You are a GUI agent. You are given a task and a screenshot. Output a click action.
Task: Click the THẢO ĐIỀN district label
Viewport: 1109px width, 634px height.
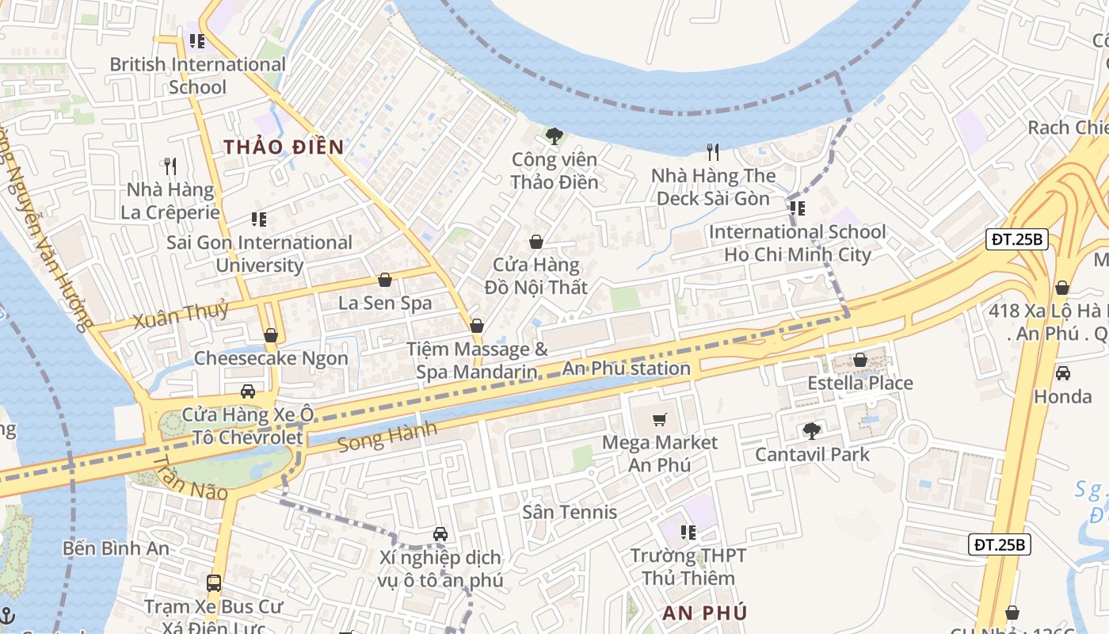pos(284,147)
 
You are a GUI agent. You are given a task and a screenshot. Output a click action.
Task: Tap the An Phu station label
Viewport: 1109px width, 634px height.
pos(626,369)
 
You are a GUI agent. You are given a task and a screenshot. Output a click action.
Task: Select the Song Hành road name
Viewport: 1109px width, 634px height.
pos(387,437)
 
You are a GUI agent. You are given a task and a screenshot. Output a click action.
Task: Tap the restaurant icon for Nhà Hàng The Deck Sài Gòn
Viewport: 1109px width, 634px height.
pos(713,151)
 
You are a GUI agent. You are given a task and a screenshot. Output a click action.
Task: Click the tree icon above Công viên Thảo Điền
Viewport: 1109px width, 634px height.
pos(554,136)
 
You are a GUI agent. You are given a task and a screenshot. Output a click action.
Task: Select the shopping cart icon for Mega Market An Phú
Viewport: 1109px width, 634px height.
pos(660,418)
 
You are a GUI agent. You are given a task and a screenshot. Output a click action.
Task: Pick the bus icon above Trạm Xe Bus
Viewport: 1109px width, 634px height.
pos(213,583)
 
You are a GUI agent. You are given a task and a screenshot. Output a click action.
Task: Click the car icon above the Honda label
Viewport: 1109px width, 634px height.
pos(1062,372)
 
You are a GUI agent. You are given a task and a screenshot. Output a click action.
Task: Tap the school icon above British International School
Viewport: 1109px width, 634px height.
pos(197,40)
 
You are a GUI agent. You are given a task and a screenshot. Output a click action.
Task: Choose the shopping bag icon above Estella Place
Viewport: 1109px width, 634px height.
pos(860,360)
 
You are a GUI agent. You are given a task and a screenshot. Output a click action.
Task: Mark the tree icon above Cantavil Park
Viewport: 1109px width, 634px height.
pos(811,430)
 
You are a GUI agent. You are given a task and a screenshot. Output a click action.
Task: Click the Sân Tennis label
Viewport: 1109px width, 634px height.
pos(570,512)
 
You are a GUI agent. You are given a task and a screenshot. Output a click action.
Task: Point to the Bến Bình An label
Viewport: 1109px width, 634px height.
pos(116,548)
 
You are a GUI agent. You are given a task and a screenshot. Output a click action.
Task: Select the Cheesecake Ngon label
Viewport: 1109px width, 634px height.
pos(271,358)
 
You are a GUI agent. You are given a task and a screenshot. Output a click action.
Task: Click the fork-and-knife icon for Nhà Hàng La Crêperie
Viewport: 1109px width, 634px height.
pos(170,166)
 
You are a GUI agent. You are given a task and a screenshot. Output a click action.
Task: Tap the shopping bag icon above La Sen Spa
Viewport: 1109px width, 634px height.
pos(385,280)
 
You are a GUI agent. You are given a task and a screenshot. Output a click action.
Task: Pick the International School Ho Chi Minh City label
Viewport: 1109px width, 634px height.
pos(798,243)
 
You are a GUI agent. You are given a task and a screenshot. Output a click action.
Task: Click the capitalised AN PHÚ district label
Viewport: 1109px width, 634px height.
pos(704,613)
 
